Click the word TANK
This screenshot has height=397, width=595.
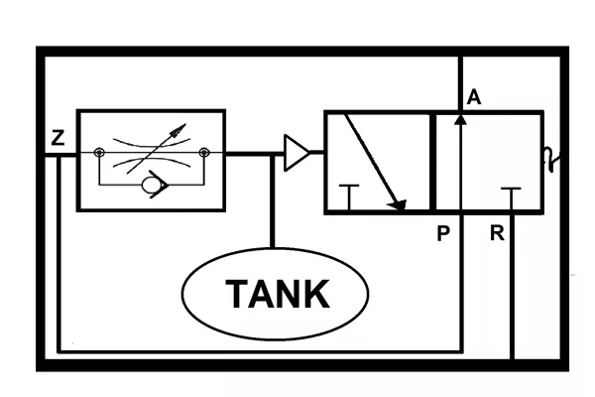(278, 294)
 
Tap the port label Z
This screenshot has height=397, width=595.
(58, 138)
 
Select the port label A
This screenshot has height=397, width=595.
(474, 97)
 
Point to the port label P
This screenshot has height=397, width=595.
(443, 233)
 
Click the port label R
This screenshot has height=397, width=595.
(497, 233)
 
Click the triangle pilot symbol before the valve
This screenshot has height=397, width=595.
(297, 152)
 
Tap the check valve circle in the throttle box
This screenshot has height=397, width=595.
(151, 185)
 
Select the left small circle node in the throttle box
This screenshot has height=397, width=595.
(99, 153)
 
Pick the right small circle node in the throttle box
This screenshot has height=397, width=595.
(204, 153)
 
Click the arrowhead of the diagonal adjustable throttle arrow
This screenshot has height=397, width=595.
(178, 130)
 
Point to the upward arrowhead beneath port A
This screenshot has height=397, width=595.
(461, 119)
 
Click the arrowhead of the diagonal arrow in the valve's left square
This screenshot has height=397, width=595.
(399, 204)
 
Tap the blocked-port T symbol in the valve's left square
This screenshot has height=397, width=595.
(349, 198)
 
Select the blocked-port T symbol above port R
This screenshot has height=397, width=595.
(511, 198)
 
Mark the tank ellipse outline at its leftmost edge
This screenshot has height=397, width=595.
(182, 294)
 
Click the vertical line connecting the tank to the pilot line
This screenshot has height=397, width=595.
(272, 201)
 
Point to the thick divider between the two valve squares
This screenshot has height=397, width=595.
(432, 162)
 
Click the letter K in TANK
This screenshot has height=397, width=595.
(316, 294)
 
